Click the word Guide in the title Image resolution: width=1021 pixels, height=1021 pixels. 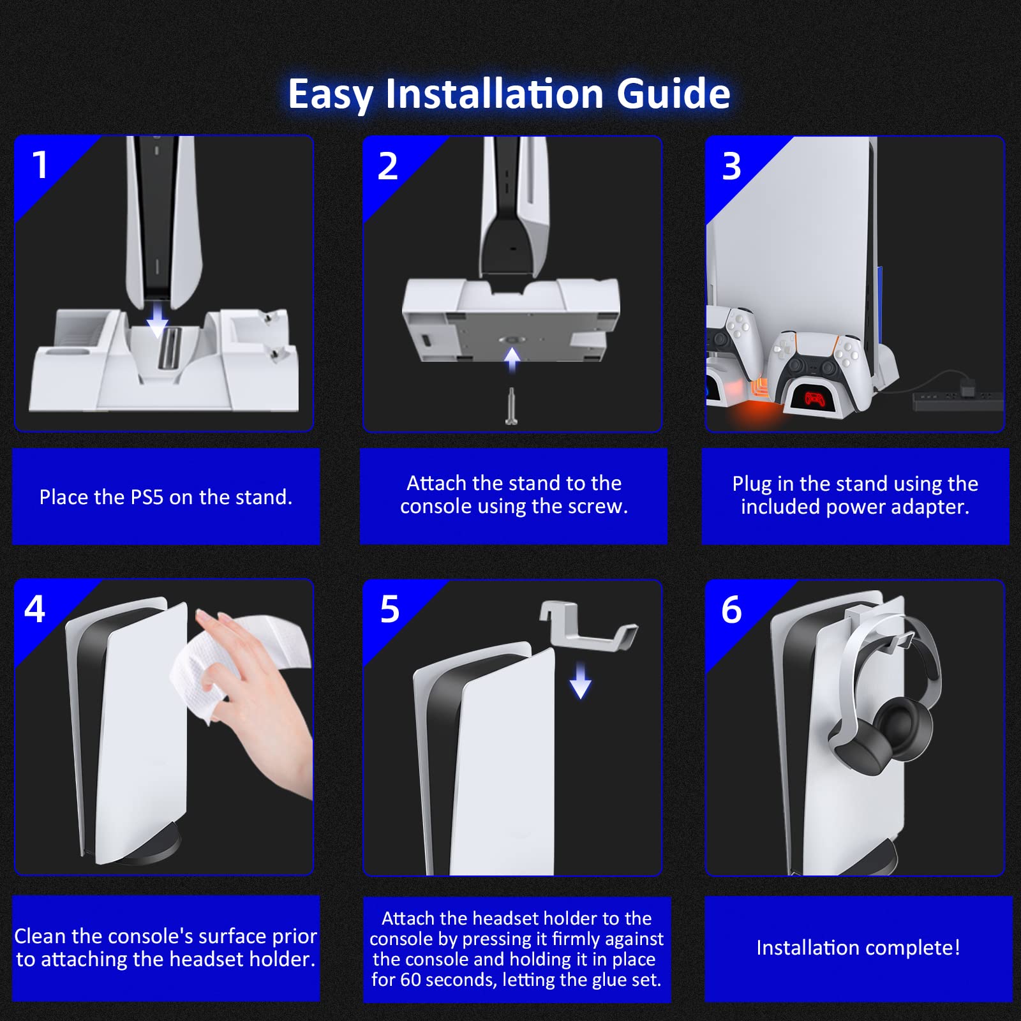[673, 94]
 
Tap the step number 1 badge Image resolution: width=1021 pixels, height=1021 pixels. [40, 165]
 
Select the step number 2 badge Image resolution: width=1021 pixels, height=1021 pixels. [387, 166]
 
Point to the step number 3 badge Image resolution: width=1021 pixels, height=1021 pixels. [731, 166]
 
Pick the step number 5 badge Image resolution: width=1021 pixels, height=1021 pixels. [389, 609]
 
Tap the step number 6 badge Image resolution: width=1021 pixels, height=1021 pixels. [731, 609]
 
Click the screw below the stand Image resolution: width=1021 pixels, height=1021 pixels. [511, 406]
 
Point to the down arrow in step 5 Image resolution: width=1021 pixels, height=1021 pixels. [580, 680]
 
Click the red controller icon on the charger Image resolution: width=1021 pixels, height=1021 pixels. [814, 399]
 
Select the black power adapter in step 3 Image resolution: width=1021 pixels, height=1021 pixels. [958, 401]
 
